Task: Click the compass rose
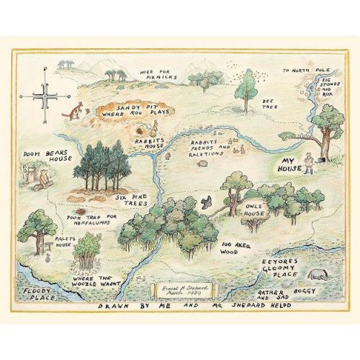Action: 44,96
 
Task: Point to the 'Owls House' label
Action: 257,197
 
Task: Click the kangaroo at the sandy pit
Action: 74,111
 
